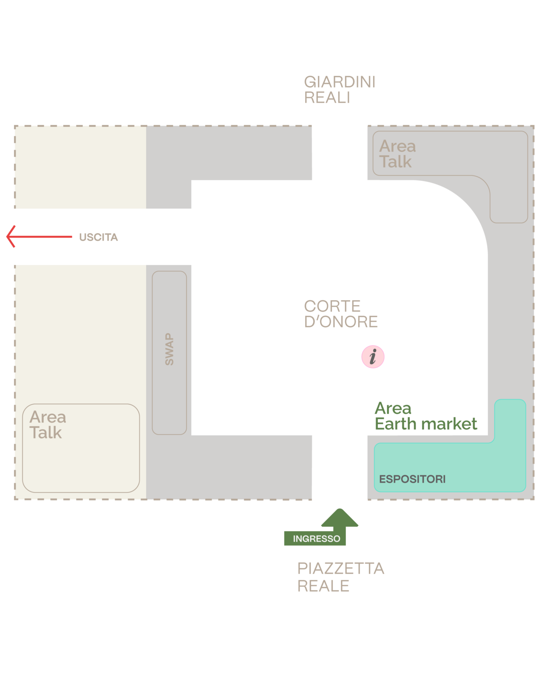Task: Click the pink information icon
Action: coord(373,357)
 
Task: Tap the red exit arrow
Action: coord(39,236)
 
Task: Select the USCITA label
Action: coord(98,237)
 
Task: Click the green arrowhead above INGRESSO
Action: coord(340,518)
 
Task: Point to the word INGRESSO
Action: coord(316,538)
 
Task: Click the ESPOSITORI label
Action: coord(412,479)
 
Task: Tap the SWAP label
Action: coord(170,349)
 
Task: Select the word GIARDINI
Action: coord(340,82)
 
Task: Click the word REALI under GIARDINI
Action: coord(327,97)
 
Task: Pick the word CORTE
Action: coord(332,306)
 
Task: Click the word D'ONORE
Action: coord(341,321)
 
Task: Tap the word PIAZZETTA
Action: coord(341,568)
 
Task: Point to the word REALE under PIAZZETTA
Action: coord(323,586)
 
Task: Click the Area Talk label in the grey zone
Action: coord(397,154)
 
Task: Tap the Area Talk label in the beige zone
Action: coord(48,425)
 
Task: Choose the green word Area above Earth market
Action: coord(393,408)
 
